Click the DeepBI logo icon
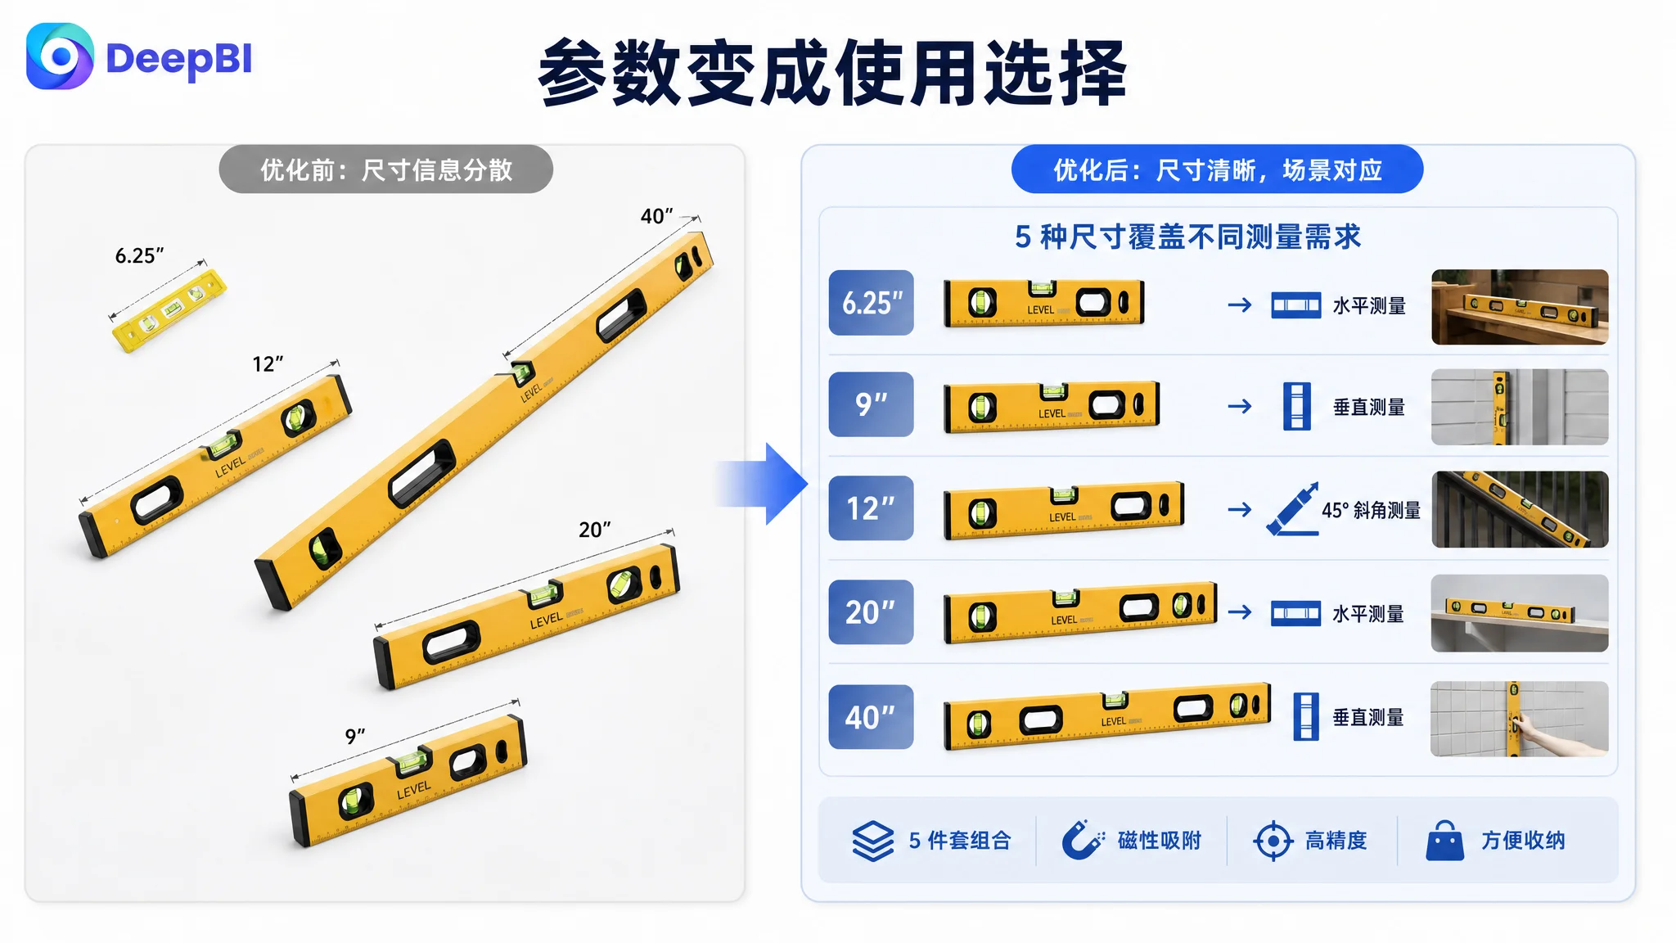(x=60, y=56)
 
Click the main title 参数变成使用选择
(x=833, y=74)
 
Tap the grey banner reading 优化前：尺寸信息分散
(x=385, y=169)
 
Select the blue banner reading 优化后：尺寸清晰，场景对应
(x=1217, y=169)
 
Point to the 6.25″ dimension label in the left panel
(x=139, y=255)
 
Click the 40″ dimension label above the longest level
(x=656, y=215)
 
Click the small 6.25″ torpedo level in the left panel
(x=169, y=311)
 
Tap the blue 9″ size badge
(x=871, y=404)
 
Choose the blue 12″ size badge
(x=871, y=508)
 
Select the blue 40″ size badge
(x=871, y=717)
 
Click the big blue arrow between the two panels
(x=763, y=484)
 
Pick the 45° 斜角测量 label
(x=1371, y=510)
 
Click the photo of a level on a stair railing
(x=1520, y=509)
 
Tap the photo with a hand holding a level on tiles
(x=1520, y=719)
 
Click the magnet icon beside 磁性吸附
(x=1082, y=840)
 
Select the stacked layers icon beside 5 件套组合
(x=873, y=841)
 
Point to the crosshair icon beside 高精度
(x=1273, y=841)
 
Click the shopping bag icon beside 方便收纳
(x=1444, y=841)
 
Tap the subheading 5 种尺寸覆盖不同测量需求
(x=1187, y=237)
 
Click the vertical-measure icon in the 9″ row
(x=1296, y=406)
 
